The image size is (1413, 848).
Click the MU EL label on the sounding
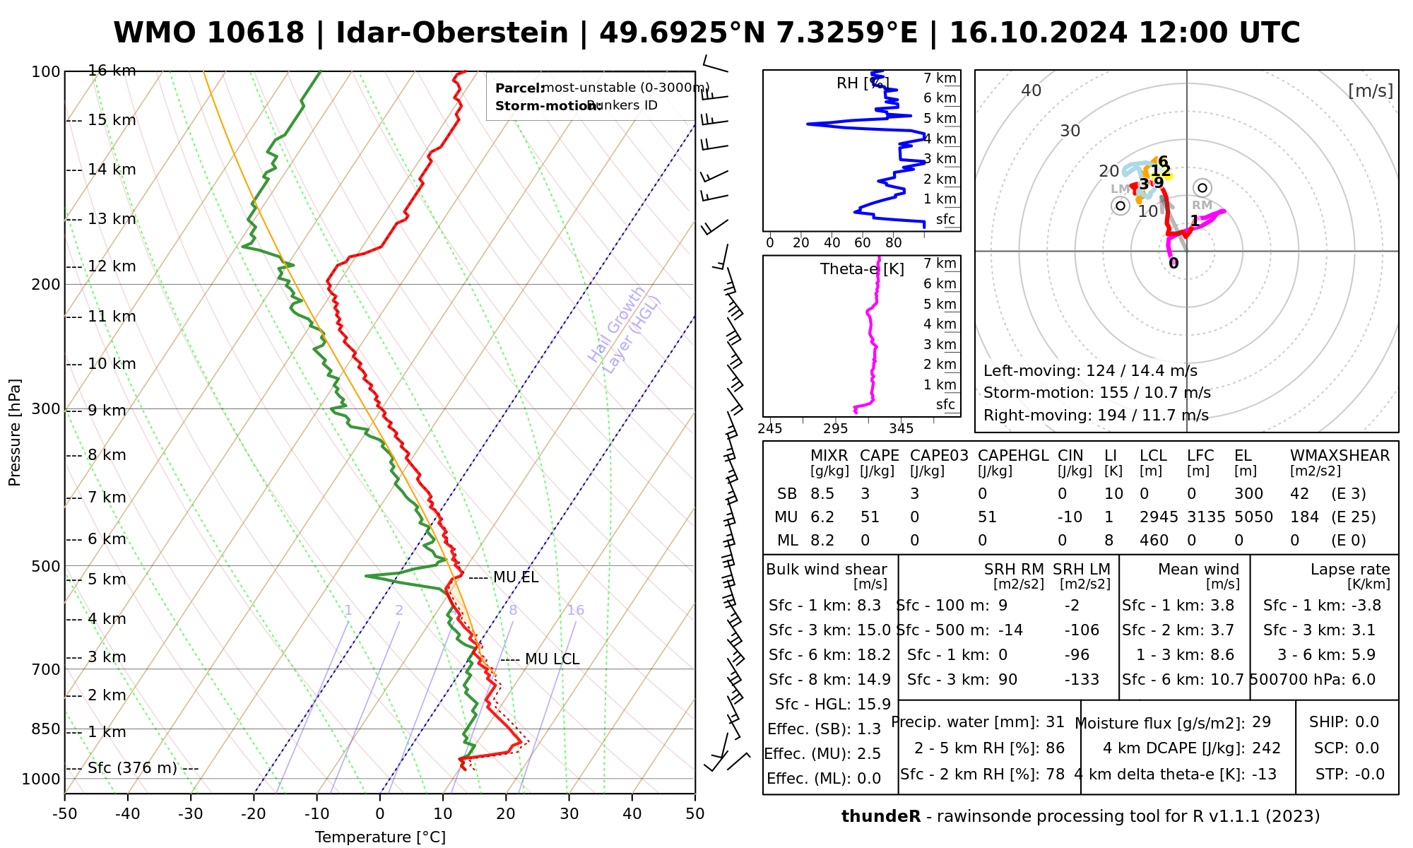click(515, 577)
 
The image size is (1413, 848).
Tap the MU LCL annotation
click(552, 659)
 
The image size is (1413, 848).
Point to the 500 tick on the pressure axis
click(46, 566)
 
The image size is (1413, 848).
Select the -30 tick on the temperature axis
click(191, 814)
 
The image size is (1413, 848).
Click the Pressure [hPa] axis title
click(15, 432)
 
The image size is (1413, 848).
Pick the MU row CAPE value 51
click(870, 517)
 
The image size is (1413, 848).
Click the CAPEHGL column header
click(1013, 456)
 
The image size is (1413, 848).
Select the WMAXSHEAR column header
click(1340, 456)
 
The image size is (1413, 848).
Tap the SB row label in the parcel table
click(787, 494)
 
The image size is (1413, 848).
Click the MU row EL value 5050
click(1253, 517)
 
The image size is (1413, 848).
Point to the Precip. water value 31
click(1055, 722)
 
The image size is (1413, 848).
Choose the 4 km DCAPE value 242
click(1266, 748)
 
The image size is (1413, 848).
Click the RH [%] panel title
click(862, 83)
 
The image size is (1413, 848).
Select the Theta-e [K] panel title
click(862, 269)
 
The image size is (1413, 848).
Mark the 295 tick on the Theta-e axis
click(835, 429)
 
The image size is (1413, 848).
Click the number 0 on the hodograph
click(1173, 264)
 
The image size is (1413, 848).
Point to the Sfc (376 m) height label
click(132, 768)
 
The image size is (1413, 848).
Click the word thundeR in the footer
click(880, 817)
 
